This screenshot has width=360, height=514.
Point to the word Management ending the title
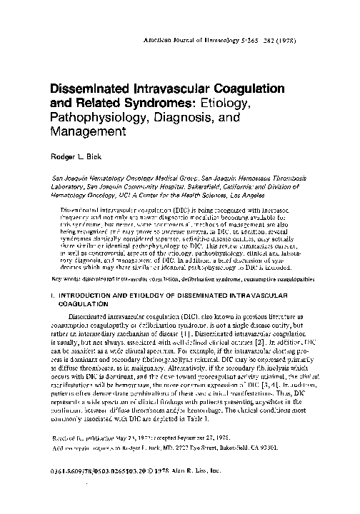coord(85,133)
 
